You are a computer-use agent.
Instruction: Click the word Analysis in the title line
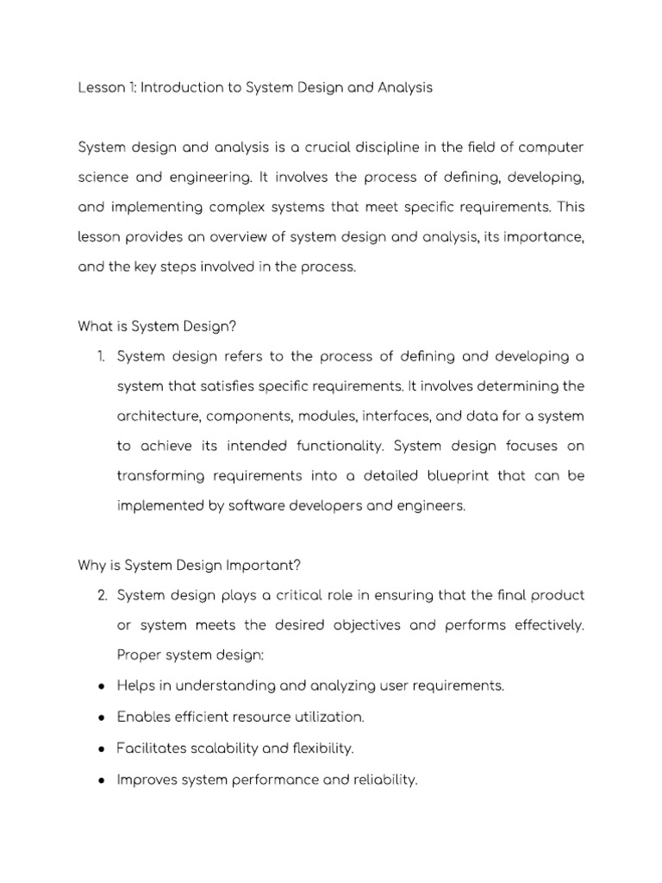coord(400,89)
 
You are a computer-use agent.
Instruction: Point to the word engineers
coord(433,505)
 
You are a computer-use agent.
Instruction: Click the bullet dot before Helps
coord(102,686)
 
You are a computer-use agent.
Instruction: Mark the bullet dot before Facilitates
coord(102,747)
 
